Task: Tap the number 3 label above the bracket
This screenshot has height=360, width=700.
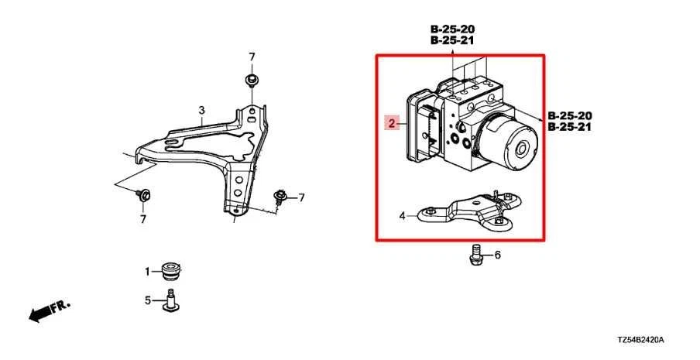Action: pos(201,111)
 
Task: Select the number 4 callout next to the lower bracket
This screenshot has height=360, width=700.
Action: pos(402,216)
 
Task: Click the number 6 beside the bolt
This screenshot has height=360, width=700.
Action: pos(497,255)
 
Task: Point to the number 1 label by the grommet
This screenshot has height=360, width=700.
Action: pos(146,272)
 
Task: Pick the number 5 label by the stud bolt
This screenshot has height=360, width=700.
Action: pos(146,300)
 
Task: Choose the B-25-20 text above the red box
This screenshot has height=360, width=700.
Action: pos(453,29)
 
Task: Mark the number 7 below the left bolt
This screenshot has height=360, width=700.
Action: pos(142,220)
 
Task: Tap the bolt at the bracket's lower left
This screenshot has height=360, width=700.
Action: pos(142,195)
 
